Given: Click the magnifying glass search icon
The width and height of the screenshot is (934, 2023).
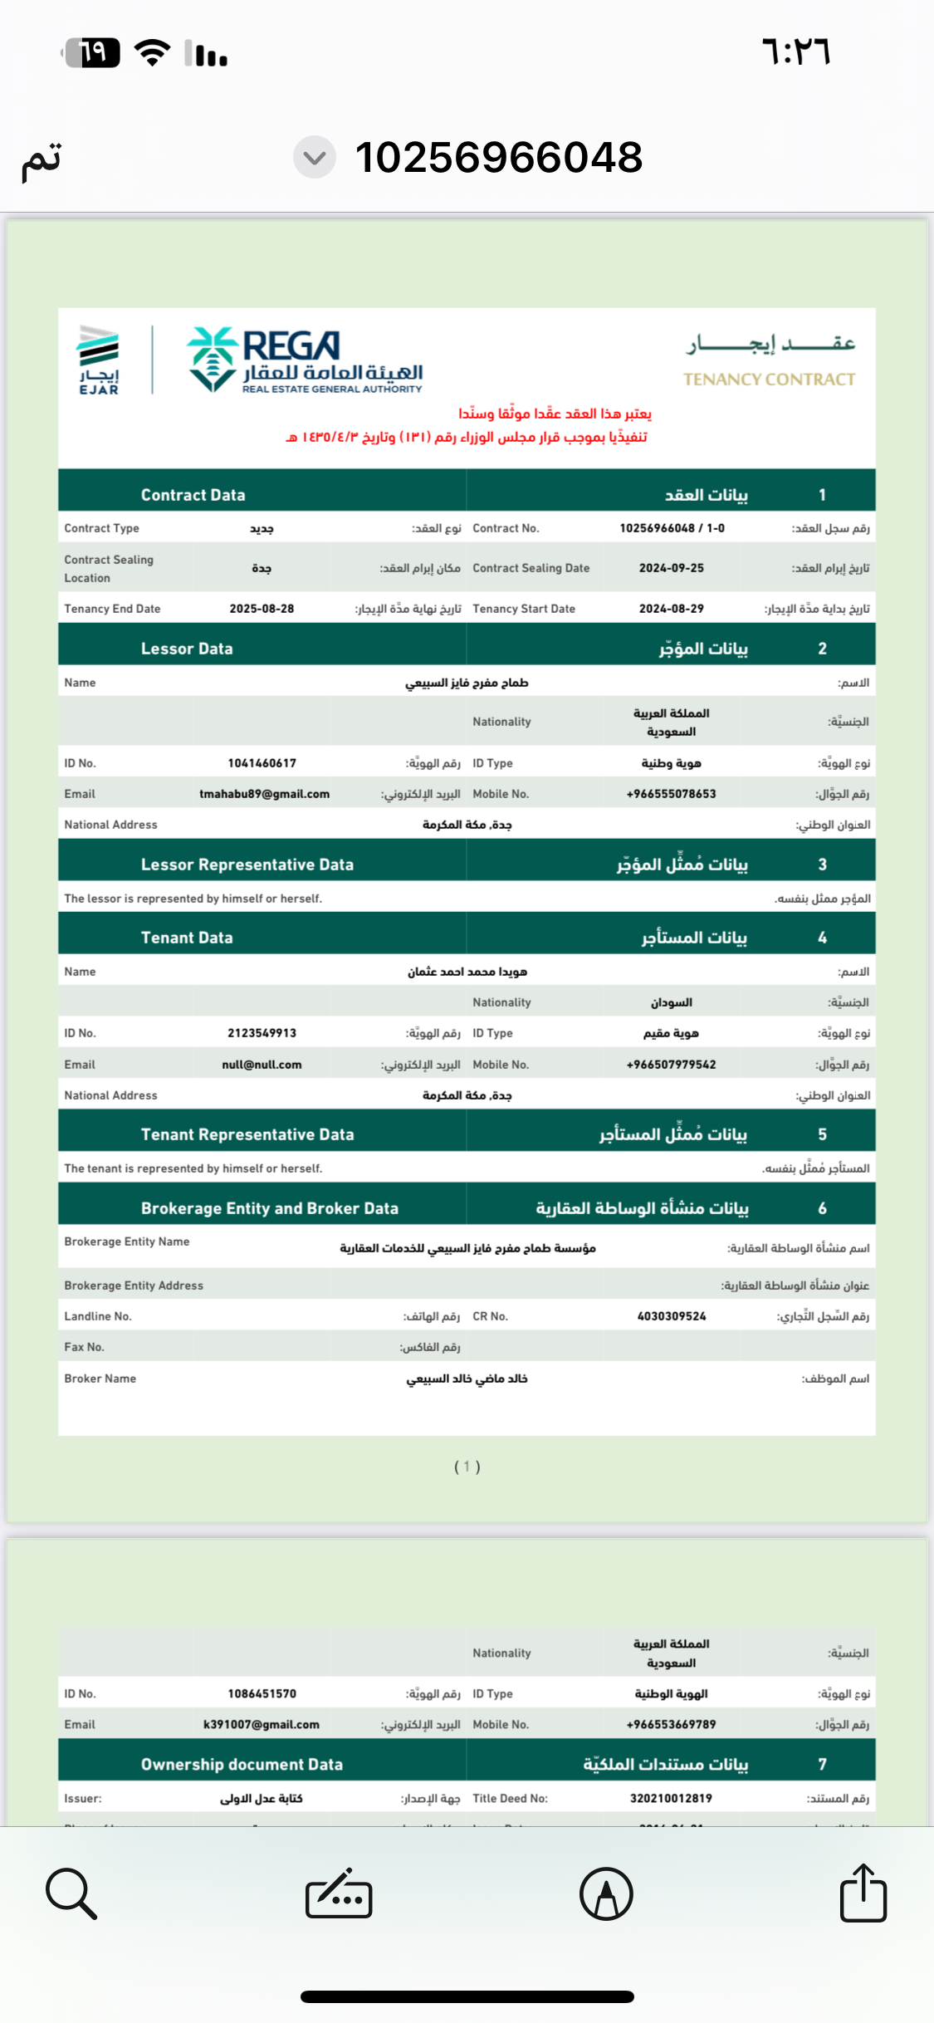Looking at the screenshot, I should (71, 1893).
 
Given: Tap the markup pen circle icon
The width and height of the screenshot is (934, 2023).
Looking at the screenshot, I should (606, 1893).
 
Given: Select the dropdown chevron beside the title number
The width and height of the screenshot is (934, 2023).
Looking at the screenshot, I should (315, 157).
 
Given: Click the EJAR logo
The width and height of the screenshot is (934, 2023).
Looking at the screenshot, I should (99, 360).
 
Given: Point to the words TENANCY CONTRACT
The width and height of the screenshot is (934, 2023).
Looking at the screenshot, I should (769, 380).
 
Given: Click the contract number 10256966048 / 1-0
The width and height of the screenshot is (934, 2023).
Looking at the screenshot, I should (672, 528).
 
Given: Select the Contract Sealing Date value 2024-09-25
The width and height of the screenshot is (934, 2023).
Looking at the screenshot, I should (671, 568).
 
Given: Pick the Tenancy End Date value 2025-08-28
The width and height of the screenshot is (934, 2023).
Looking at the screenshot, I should (262, 609).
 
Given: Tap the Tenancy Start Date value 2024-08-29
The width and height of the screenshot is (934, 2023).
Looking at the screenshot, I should (671, 609).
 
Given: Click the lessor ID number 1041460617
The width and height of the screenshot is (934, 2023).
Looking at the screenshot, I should (262, 763).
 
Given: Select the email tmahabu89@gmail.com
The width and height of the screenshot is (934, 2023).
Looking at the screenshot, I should (264, 794).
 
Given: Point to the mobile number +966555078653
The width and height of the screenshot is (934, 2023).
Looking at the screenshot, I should (671, 794).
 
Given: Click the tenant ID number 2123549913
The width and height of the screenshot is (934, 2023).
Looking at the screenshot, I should (262, 1033).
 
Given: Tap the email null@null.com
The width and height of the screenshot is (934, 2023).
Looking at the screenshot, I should (262, 1065).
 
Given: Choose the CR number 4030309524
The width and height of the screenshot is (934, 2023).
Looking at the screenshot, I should (671, 1316).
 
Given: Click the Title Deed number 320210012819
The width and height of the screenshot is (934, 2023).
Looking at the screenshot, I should (671, 1798).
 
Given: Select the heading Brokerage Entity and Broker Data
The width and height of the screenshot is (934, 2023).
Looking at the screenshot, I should (269, 1208).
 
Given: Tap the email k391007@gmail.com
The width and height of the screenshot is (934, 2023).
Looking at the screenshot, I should (262, 1725).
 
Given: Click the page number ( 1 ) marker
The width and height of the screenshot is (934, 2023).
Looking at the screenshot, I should (467, 1467).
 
